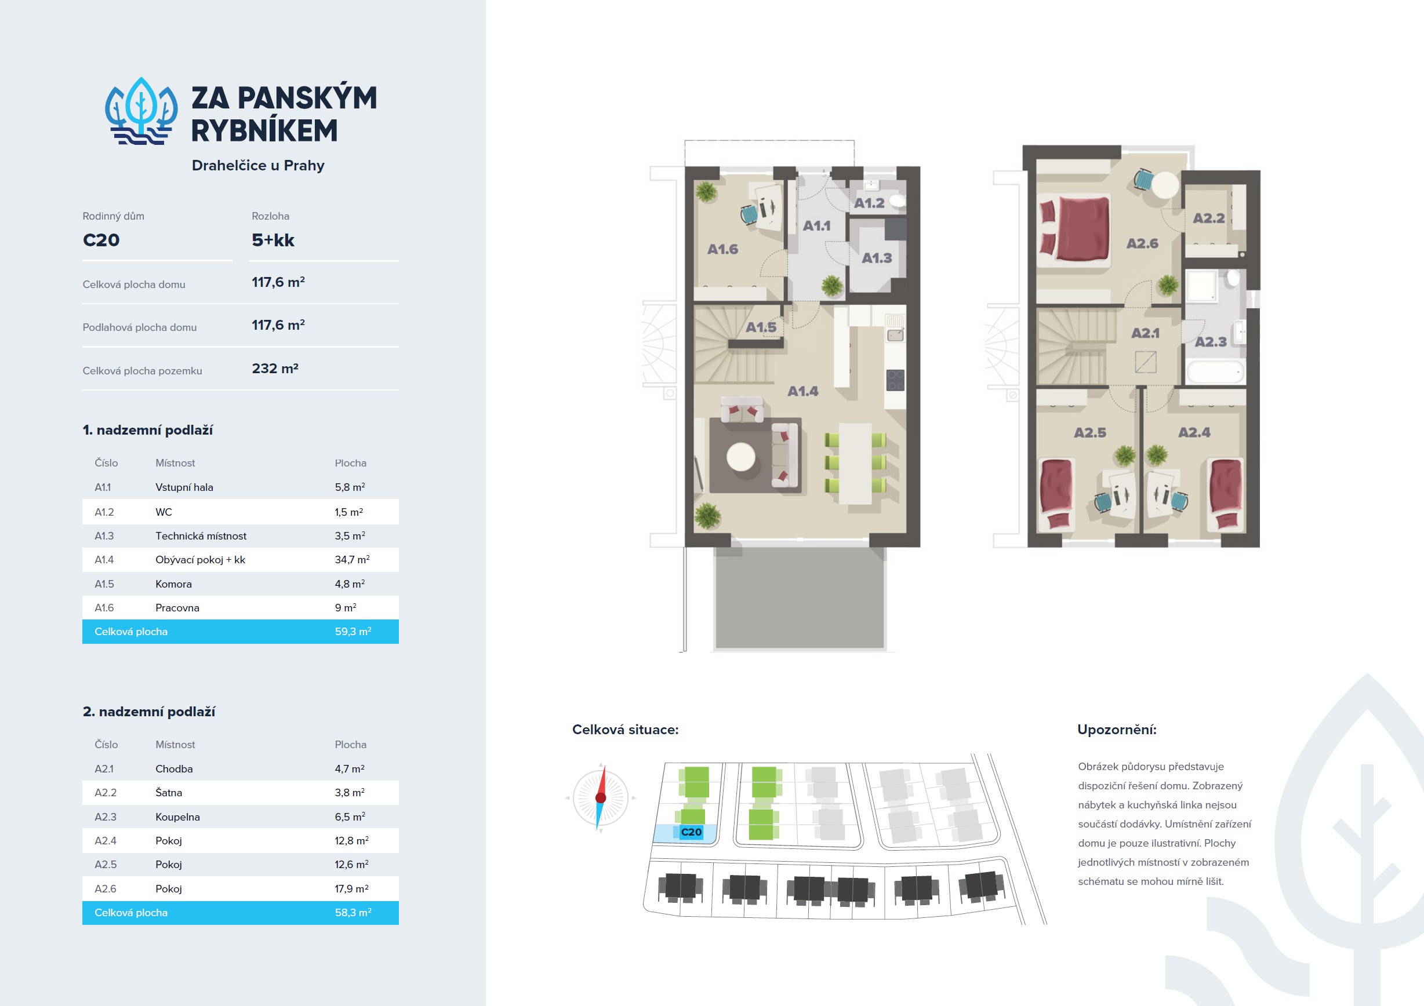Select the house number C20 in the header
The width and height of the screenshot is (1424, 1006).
click(101, 240)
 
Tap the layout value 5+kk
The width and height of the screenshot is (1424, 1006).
click(273, 240)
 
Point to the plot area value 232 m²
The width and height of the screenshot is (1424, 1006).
click(275, 368)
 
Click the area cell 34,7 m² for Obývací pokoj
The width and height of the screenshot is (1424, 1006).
click(353, 560)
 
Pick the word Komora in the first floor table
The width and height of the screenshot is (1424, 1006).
click(174, 584)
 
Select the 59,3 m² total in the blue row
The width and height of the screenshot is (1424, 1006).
click(353, 632)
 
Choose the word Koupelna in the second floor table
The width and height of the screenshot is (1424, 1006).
click(177, 817)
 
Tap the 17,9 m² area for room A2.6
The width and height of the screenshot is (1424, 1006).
click(352, 889)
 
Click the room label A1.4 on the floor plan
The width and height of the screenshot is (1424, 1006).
click(802, 391)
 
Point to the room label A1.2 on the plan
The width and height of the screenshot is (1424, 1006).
click(869, 203)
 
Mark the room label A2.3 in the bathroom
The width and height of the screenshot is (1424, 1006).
click(1211, 341)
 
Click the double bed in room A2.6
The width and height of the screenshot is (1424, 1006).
click(1074, 228)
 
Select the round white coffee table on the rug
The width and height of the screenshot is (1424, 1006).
click(741, 457)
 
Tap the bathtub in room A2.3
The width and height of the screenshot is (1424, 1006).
click(1216, 372)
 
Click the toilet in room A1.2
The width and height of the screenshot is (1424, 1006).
click(897, 200)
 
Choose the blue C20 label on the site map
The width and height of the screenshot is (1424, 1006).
click(692, 832)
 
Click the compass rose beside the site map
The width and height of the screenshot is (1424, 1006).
click(600, 798)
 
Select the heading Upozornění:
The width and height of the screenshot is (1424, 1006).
click(1116, 730)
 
